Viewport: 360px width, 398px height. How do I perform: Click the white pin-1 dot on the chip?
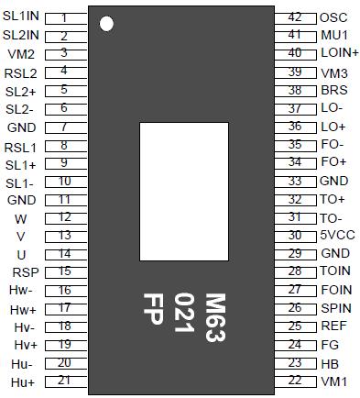pyautogui.click(x=107, y=23)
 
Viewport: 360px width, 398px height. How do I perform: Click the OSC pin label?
pyautogui.click(x=333, y=17)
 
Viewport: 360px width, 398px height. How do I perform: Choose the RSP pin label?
pyautogui.click(x=24, y=271)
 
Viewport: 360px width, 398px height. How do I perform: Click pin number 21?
pyautogui.click(x=64, y=380)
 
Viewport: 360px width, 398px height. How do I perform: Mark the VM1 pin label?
pyautogui.click(x=333, y=381)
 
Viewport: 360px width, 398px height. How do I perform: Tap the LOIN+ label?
pyautogui.click(x=339, y=53)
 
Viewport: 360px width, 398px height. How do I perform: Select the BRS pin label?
pyautogui.click(x=333, y=90)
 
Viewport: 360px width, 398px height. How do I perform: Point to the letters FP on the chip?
pyautogui.click(x=155, y=313)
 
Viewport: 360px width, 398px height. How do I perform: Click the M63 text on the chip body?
pyautogui.click(x=214, y=317)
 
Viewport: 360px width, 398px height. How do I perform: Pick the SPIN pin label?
pyautogui.click(x=335, y=308)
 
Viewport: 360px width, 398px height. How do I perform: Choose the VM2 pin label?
pyautogui.click(x=20, y=53)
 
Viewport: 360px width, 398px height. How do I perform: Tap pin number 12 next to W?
pyautogui.click(x=64, y=217)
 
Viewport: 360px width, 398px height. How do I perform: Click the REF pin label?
pyautogui.click(x=333, y=326)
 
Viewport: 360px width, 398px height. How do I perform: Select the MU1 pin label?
pyautogui.click(x=333, y=35)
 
